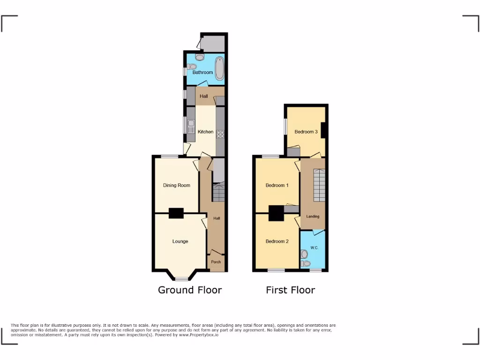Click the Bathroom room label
[202, 73]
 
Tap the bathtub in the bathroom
[219, 68]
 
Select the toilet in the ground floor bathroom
[199, 57]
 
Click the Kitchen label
[205, 132]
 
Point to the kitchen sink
[191, 126]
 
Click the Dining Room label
[177, 185]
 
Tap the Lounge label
[180, 241]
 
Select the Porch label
[216, 262]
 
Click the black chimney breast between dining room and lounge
[176, 213]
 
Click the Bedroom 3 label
[306, 132]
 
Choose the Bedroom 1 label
[277, 185]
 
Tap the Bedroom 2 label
[277, 241]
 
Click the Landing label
[313, 217]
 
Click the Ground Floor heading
[190, 290]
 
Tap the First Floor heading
[290, 290]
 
